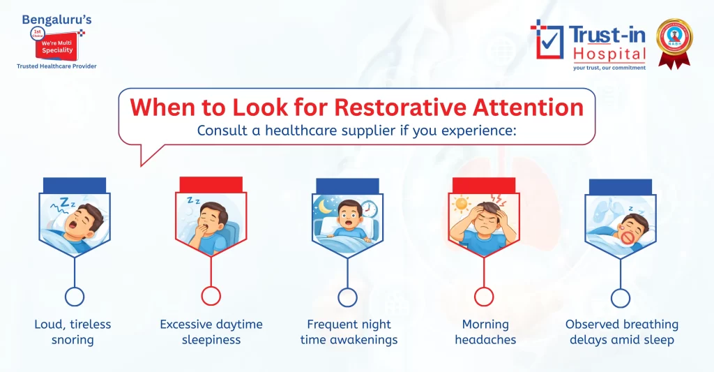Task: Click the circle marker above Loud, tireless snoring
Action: point(74,297)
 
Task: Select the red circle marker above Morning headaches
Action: point(483,297)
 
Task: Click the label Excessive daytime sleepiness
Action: point(211,332)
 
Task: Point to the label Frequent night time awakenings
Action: point(349,332)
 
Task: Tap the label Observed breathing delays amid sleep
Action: point(621,332)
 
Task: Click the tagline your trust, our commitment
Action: point(609,68)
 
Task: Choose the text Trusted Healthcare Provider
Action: point(56,66)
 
